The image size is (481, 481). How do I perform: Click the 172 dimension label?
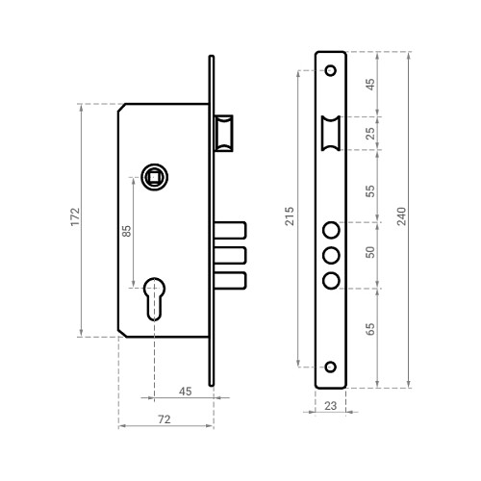(75, 216)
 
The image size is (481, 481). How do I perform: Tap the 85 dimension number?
(127, 231)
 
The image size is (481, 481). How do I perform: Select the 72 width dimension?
(165, 419)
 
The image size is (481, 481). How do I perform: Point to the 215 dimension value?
(290, 216)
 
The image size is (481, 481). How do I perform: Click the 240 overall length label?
(401, 216)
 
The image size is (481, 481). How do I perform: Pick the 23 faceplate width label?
(330, 406)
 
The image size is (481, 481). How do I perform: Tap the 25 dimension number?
(370, 134)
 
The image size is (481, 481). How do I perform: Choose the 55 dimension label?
(370, 191)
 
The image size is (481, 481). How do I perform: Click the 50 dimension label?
(370, 252)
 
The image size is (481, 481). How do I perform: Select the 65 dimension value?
(370, 329)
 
